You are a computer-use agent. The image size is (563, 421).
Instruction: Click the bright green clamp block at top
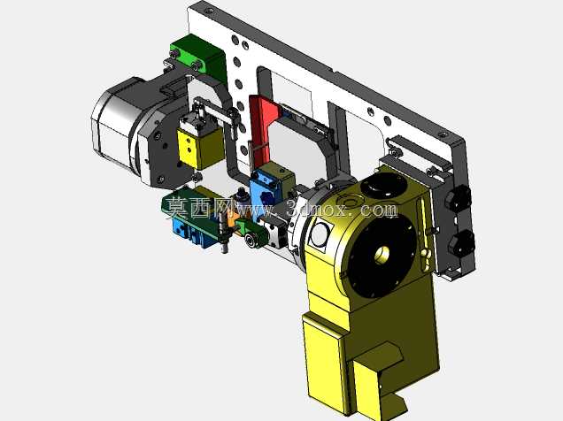tap(197, 57)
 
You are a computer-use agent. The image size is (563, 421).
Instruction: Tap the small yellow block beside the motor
tap(200, 148)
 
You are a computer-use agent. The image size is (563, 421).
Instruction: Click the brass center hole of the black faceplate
tap(382, 254)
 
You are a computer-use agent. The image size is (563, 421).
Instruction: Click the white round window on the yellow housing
tap(320, 233)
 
